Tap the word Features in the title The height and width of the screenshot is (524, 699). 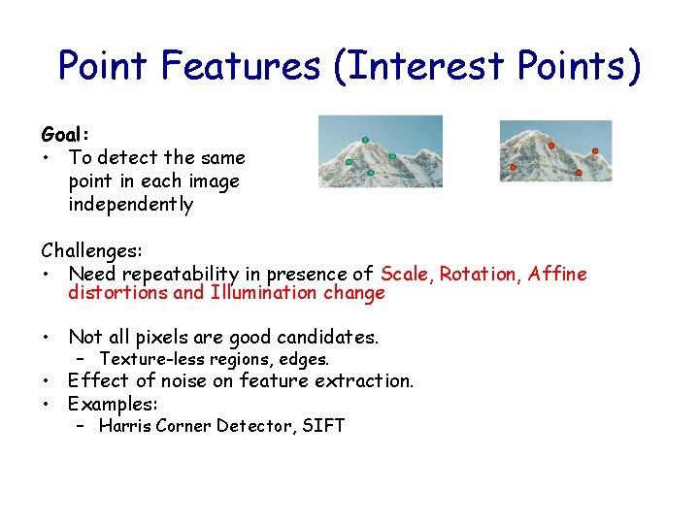coord(240,65)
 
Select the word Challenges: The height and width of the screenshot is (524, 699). coord(92,250)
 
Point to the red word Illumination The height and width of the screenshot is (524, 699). coord(265,293)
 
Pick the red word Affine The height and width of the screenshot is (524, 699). coord(557,274)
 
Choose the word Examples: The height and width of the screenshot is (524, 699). coord(113,403)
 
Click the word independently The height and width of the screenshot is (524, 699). coord(130,205)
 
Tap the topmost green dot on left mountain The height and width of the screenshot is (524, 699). coord(365,140)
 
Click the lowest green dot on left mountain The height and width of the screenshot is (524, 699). coord(371,173)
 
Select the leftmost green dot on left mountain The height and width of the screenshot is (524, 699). coord(349,161)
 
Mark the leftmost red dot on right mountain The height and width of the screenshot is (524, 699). coord(514,167)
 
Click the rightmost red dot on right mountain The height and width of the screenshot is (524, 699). coord(595,150)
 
